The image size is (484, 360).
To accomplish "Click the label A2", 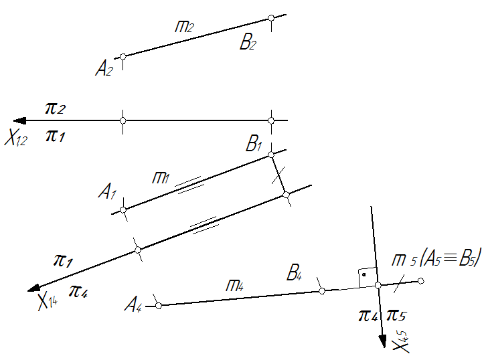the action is [104, 68].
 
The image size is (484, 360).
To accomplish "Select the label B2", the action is [248, 44].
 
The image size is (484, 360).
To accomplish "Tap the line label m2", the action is [184, 27].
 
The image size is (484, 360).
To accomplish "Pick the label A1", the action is [106, 193].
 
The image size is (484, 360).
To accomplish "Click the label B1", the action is [254, 143].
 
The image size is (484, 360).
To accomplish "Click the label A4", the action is [134, 307].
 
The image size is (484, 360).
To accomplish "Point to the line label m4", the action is [234, 284].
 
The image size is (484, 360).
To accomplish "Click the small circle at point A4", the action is [159, 305].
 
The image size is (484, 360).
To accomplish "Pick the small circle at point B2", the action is [270, 19].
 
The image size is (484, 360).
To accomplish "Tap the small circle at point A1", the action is [123, 210].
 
